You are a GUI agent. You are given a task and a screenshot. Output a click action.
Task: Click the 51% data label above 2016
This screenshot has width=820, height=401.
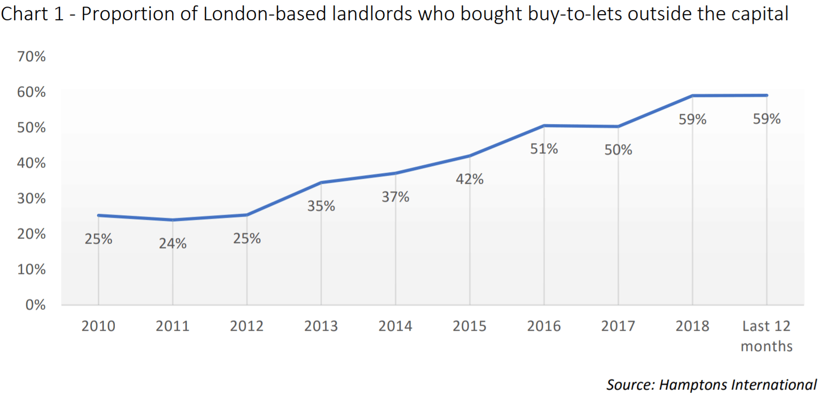click(544, 149)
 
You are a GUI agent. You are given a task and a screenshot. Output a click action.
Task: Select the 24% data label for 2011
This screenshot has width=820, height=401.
click(173, 244)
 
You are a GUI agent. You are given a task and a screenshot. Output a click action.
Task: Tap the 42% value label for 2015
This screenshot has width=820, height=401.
click(469, 179)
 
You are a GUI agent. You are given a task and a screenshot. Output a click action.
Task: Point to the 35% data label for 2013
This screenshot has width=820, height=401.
click(321, 206)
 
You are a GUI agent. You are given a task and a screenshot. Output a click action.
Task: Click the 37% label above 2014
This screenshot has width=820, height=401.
click(395, 197)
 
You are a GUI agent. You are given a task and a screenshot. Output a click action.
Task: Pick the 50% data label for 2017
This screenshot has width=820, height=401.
click(618, 150)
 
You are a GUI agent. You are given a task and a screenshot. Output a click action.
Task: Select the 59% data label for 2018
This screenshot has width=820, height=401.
click(692, 119)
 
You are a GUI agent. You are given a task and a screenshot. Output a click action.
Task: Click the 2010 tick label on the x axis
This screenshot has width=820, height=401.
click(98, 326)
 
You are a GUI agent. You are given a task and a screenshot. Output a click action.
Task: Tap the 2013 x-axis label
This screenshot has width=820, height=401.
click(321, 326)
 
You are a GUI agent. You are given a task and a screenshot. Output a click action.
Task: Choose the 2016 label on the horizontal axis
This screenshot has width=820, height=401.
click(544, 326)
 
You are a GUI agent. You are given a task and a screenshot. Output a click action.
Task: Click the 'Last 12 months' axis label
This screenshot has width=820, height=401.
click(766, 336)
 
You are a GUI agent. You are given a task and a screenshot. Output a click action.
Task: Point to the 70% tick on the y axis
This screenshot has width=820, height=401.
click(31, 56)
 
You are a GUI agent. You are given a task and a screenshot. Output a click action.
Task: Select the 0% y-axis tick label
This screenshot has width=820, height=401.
click(35, 305)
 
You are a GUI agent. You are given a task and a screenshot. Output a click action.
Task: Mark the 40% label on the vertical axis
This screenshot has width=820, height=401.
click(31, 163)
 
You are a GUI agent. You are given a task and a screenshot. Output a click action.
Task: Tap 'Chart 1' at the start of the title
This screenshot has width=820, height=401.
click(32, 14)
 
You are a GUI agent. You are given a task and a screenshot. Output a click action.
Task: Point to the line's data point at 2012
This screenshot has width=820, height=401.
click(247, 215)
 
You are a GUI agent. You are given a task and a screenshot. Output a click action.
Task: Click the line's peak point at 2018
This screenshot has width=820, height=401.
click(692, 95)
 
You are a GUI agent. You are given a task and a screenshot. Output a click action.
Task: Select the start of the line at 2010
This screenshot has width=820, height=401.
click(99, 215)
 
